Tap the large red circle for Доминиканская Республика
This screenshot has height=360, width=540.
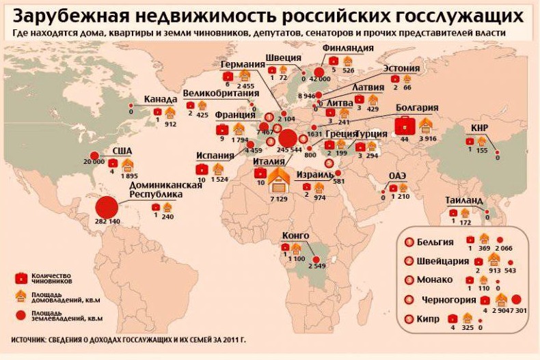pyautogui.click(x=106, y=206)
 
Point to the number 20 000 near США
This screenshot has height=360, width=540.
pyautogui.click(x=94, y=162)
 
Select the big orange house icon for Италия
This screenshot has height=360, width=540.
pyautogui.click(x=279, y=181)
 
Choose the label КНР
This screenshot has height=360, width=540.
pyautogui.click(x=479, y=128)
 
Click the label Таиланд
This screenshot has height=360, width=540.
pyautogui.click(x=464, y=200)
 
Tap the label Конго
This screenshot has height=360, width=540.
pyautogui.click(x=295, y=236)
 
